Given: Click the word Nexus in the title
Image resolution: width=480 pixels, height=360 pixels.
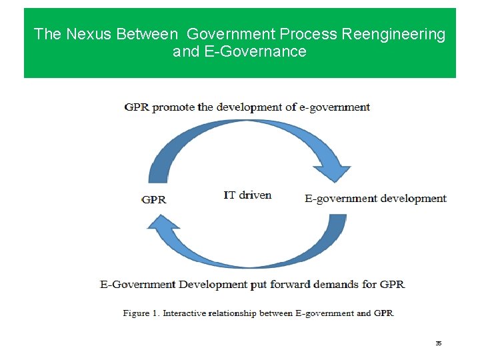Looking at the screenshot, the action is (x=88, y=34).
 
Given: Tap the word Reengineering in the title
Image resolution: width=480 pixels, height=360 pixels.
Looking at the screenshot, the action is (x=393, y=34).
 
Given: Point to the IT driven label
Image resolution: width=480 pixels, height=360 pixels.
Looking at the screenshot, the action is (x=247, y=195).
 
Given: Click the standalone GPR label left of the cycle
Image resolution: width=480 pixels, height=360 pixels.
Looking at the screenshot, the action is (x=154, y=199).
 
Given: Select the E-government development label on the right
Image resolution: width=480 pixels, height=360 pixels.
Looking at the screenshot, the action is (x=375, y=198).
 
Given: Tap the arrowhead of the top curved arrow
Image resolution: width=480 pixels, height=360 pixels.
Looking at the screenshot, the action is (x=331, y=171).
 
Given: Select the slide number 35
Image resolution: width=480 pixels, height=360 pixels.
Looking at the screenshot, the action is (x=439, y=343).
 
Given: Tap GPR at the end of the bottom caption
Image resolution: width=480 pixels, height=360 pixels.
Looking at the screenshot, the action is (x=392, y=284).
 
